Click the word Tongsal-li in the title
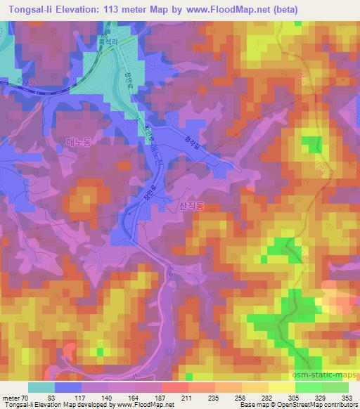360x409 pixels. point(30,10)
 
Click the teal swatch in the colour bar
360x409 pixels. point(41,387)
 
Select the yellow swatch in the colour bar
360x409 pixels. point(281,387)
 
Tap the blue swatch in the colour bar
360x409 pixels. point(68,387)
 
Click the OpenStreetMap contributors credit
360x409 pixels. point(318,405)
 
